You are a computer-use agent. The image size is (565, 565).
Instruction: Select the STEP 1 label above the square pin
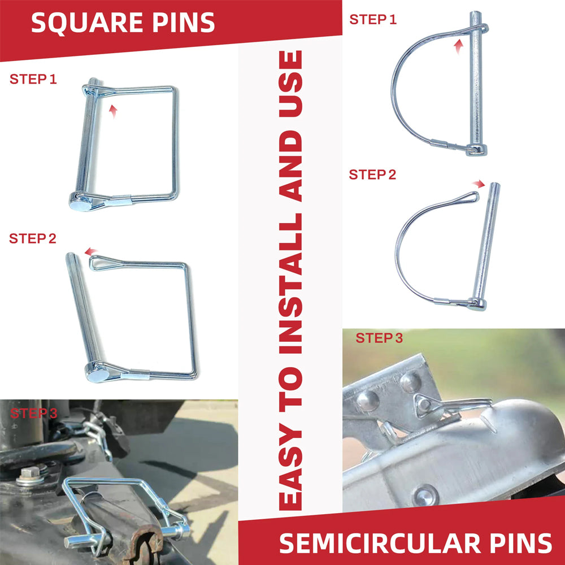click(x=33, y=79)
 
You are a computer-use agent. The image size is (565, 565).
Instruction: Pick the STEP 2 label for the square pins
click(x=33, y=238)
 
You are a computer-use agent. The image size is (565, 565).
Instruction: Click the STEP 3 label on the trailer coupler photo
click(x=379, y=338)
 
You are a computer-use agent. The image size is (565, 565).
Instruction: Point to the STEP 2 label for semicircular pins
click(x=372, y=175)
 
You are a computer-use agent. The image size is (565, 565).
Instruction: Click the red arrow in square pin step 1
click(x=113, y=111)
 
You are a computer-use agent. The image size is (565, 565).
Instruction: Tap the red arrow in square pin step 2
click(x=91, y=251)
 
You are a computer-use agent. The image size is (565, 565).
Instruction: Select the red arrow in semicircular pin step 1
click(x=458, y=46)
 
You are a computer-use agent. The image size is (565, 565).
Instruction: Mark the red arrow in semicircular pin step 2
click(x=479, y=184)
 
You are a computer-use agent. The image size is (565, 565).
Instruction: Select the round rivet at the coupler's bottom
click(x=425, y=496)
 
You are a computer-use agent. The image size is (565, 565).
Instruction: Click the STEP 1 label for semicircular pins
click(x=373, y=19)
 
